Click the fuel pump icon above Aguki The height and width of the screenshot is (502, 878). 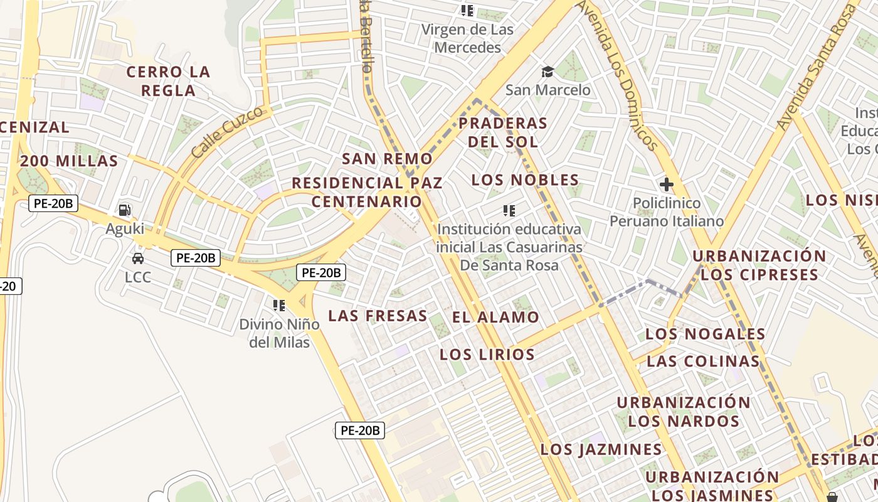tap(125, 210)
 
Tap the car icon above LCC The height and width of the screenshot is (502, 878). tap(137, 258)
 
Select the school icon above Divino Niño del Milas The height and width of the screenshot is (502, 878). tap(279, 306)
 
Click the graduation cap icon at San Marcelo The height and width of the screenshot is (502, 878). tap(547, 72)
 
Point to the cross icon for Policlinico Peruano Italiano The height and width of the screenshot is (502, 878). tap(666, 184)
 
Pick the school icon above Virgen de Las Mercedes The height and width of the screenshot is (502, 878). tap(467, 11)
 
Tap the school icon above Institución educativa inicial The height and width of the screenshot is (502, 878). tap(509, 210)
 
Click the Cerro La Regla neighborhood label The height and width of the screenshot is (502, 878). tap(168, 81)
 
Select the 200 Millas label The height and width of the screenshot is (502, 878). tap(69, 161)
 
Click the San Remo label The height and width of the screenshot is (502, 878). tap(387, 159)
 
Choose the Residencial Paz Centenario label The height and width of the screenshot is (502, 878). tap(367, 192)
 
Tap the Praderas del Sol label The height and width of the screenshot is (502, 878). tap(503, 132)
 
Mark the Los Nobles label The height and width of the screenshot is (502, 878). tap(525, 180)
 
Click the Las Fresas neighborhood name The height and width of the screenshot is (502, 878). tap(378, 316)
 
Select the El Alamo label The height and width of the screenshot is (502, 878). tap(495, 318)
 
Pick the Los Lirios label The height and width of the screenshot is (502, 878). tap(487, 355)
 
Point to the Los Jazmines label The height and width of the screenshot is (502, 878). tap(601, 449)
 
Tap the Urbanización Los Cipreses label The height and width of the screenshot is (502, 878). tap(759, 265)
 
